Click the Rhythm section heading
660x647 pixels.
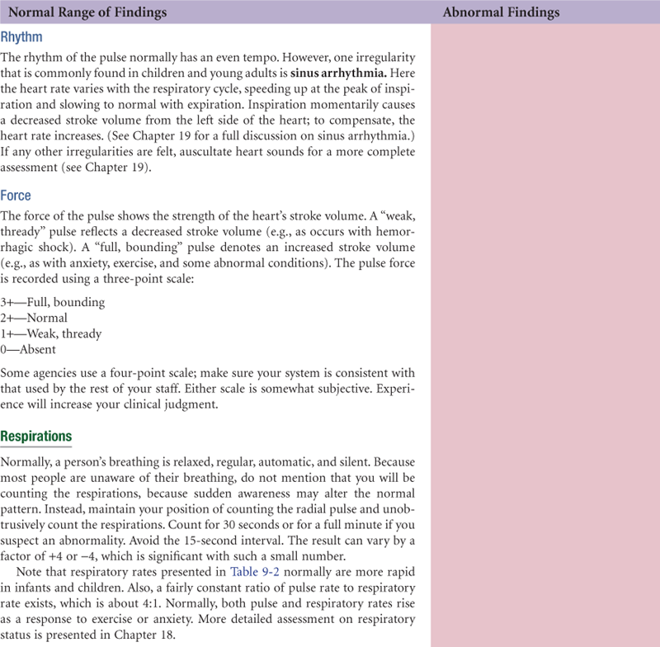pyautogui.click(x=21, y=38)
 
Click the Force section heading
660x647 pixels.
pyautogui.click(x=16, y=196)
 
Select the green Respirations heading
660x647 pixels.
pyautogui.click(x=36, y=436)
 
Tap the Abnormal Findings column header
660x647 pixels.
pyautogui.click(x=501, y=12)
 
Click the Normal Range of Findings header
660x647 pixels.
pyautogui.click(x=87, y=12)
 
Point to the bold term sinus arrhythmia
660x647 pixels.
pyautogui.click(x=327, y=71)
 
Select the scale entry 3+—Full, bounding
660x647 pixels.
pyautogui.click(x=53, y=302)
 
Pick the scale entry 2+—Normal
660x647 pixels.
pyautogui.click(x=35, y=318)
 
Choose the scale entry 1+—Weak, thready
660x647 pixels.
pyautogui.click(x=51, y=333)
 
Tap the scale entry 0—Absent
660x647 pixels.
pyautogui.click(x=29, y=349)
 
